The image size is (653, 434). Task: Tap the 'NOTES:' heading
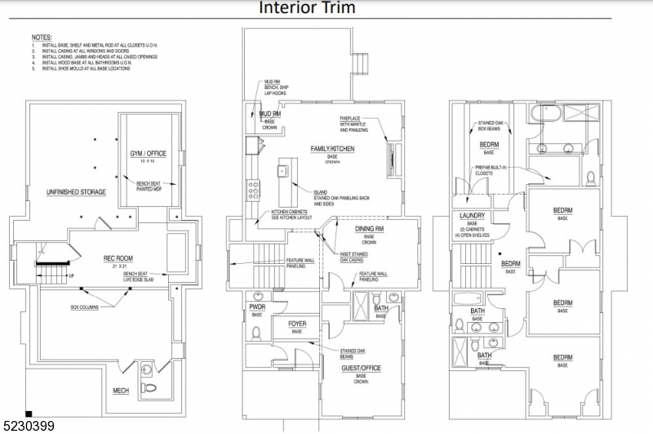(41, 38)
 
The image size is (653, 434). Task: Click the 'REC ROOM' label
(118, 258)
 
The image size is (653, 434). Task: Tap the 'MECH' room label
(121, 391)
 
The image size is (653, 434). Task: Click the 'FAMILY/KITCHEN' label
(333, 148)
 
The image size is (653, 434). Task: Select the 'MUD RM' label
(269, 114)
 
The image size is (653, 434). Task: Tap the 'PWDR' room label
(256, 306)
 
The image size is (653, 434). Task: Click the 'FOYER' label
(297, 324)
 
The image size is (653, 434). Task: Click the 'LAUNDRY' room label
(468, 216)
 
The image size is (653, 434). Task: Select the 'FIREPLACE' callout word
(352, 119)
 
